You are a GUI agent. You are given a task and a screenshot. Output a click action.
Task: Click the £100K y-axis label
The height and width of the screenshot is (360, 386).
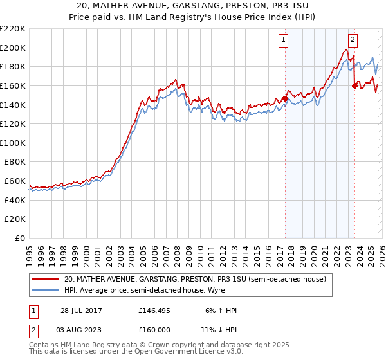tap(13, 143)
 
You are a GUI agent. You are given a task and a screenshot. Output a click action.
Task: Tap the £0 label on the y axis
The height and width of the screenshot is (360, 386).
tap(21, 239)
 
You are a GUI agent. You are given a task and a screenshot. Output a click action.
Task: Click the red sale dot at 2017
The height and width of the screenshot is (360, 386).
tap(285, 98)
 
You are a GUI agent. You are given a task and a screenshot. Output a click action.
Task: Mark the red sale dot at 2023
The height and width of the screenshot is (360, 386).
tap(354, 85)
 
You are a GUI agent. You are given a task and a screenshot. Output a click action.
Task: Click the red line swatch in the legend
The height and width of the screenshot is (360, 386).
tap(45, 280)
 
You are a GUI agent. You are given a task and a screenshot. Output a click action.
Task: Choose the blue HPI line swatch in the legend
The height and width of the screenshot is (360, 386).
tap(45, 290)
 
